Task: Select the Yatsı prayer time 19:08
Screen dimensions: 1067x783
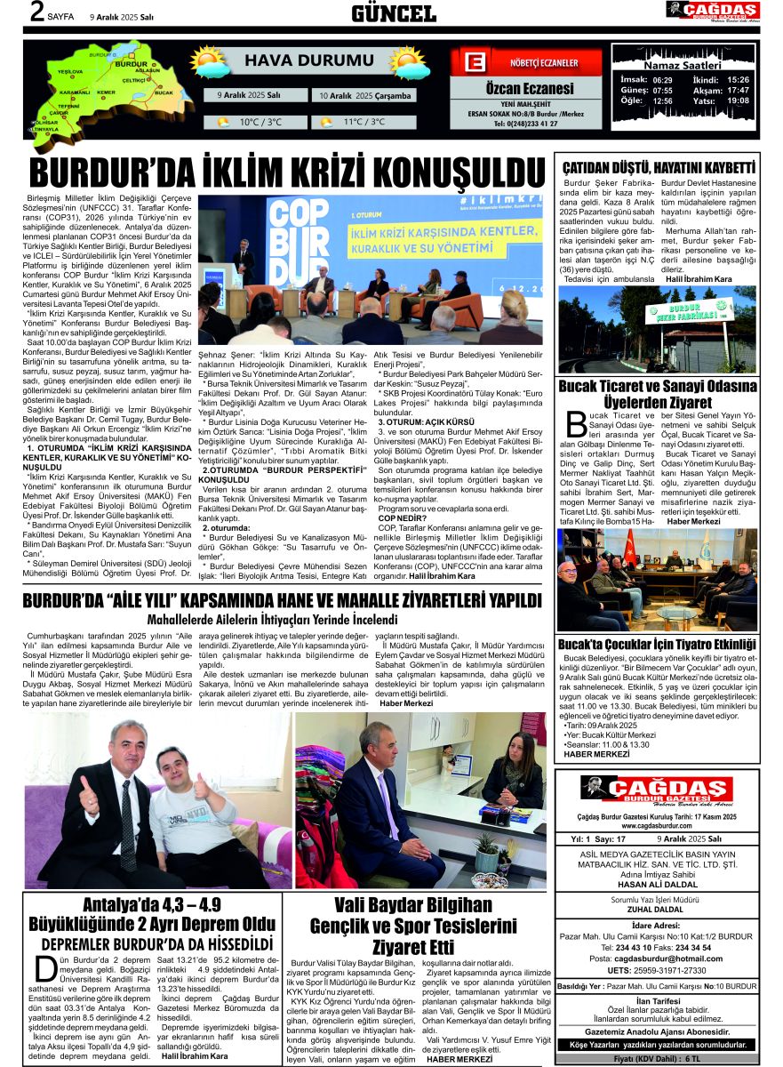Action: (x=738, y=100)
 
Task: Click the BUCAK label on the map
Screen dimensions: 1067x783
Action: (x=163, y=92)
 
